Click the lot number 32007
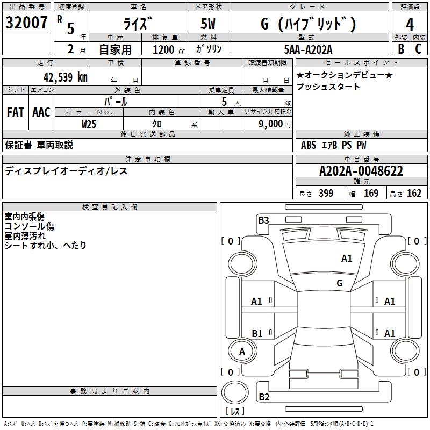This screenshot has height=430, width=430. [x=26, y=23]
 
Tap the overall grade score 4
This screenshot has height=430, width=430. [x=410, y=25]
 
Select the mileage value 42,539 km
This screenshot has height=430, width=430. [x=66, y=77]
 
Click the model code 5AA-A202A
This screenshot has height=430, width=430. [x=308, y=49]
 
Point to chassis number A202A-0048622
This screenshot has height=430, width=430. [x=361, y=171]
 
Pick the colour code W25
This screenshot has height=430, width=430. [x=89, y=124]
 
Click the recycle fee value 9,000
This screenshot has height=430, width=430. [x=270, y=124]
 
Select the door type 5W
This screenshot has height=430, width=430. [x=208, y=24]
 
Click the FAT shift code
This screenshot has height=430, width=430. [x=16, y=112]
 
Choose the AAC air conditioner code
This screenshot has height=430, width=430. [x=41, y=112]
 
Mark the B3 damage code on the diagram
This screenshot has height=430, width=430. [x=263, y=220]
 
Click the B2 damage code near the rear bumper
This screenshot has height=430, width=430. [x=264, y=397]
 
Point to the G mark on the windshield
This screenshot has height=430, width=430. [x=340, y=283]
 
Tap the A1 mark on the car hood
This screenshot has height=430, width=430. [x=347, y=259]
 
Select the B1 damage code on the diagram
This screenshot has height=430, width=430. [x=257, y=333]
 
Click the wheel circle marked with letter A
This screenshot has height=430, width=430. [x=242, y=351]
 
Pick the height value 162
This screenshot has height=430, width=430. [x=414, y=193]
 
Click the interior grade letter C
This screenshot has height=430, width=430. [x=418, y=49]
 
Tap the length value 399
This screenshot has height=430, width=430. [x=326, y=193]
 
